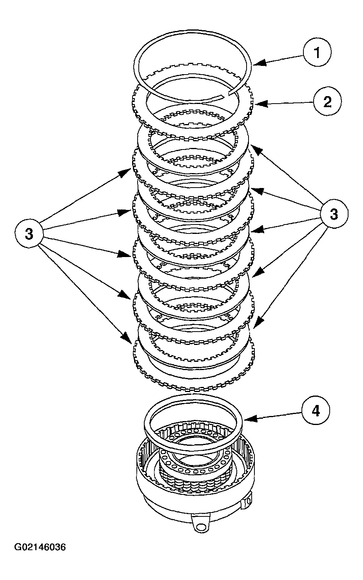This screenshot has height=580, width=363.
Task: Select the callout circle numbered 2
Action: pos(327,102)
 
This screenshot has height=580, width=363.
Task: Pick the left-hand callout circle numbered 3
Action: pos(29,234)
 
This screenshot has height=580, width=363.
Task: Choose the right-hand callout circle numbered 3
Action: pos(334,214)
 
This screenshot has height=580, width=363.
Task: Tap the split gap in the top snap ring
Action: pos(229,93)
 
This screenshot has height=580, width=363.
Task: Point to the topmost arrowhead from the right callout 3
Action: pos(252,146)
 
